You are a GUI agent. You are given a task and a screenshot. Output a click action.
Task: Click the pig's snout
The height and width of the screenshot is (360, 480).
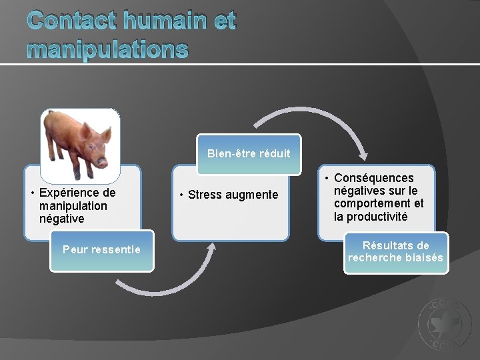[102, 162]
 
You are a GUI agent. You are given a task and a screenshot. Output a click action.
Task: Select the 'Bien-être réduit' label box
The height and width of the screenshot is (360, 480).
[249, 154]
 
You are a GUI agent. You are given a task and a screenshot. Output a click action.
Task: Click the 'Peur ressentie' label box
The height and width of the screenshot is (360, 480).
[101, 250]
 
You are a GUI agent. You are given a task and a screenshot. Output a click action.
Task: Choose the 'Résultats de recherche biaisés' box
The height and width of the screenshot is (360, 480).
[395, 252]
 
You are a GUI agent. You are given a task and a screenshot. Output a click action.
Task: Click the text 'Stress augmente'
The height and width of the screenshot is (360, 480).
[233, 195]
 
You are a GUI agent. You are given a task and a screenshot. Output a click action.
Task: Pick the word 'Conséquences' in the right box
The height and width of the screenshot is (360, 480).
[373, 178]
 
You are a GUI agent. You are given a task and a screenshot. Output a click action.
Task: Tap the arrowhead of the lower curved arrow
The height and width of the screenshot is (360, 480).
[212, 247]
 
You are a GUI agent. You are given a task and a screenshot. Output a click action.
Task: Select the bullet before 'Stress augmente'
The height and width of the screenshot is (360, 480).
[182, 195]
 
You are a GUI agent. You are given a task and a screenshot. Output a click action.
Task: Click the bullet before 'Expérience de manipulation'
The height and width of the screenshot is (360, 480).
[33, 193]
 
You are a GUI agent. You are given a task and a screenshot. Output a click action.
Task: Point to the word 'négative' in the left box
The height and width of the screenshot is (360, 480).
[62, 218]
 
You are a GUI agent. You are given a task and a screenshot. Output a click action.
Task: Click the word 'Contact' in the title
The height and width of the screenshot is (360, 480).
[72, 21]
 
